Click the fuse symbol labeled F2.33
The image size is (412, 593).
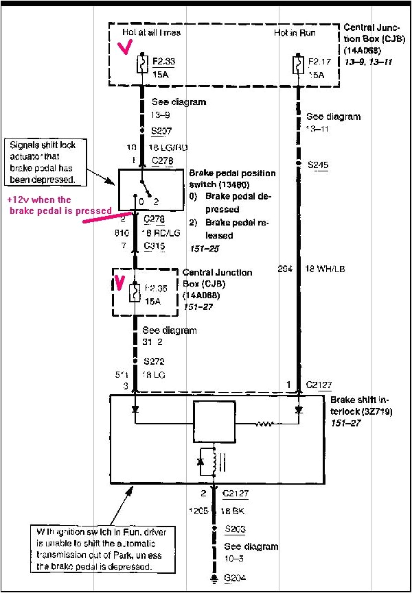point(141,66)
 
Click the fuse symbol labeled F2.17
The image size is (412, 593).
point(297,66)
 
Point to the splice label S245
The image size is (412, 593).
point(318,165)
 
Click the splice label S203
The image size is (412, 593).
point(236,529)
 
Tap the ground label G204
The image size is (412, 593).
point(236,580)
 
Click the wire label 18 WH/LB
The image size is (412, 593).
point(325,269)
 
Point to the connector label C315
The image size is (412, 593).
point(154,245)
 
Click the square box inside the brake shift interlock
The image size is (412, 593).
point(215,423)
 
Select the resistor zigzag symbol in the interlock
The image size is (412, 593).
point(265,423)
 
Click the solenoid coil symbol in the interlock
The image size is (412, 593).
point(214,462)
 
